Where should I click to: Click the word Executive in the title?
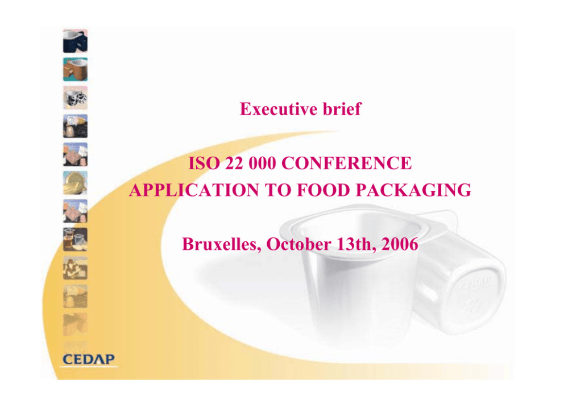pyautogui.click(x=279, y=109)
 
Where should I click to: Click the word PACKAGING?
pyautogui.click(x=413, y=190)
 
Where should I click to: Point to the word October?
pyautogui.click(x=298, y=244)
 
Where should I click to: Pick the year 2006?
pyautogui.click(x=400, y=244)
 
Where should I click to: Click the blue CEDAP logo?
pyautogui.click(x=89, y=359)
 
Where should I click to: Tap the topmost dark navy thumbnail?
pyautogui.click(x=75, y=41)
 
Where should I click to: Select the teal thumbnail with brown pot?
pyautogui.click(x=75, y=69)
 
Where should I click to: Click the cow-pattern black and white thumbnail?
pyautogui.click(x=75, y=98)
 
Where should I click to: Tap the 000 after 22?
pyautogui.click(x=262, y=163)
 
